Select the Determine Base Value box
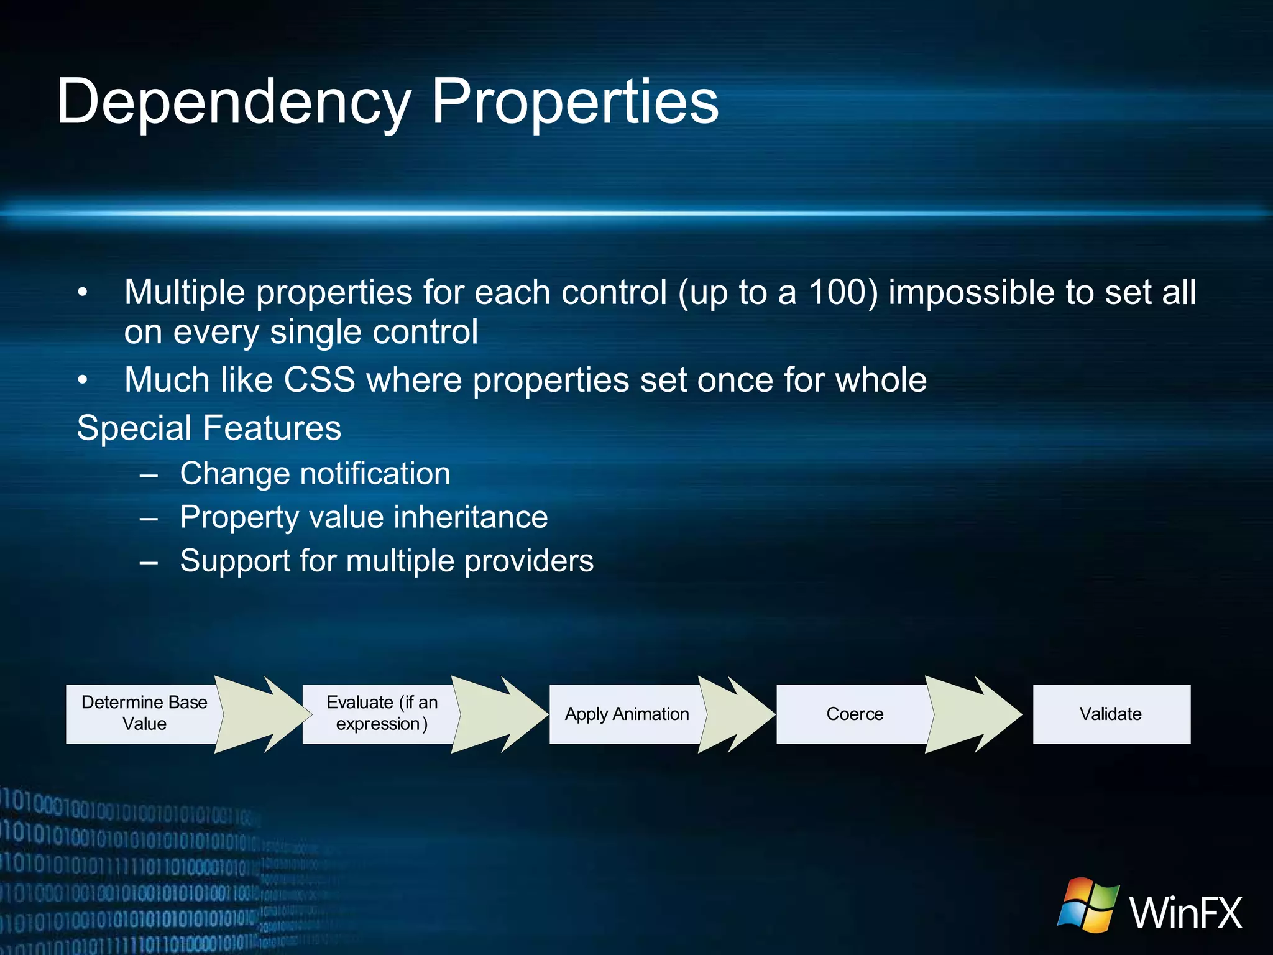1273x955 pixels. point(144,714)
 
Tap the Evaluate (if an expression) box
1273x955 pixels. point(381,714)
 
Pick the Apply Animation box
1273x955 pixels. point(626,714)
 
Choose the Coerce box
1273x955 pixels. point(854,714)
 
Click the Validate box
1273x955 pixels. point(1111,714)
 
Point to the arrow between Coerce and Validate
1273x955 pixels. point(973,714)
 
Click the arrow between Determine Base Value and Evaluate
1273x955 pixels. point(261,714)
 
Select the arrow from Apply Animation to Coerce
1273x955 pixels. point(737,714)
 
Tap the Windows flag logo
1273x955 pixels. point(1088,905)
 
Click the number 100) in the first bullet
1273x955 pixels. point(843,292)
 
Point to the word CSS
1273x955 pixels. point(319,380)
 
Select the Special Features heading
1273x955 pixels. point(209,428)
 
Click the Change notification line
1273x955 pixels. point(315,474)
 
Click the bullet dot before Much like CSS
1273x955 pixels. point(83,380)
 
